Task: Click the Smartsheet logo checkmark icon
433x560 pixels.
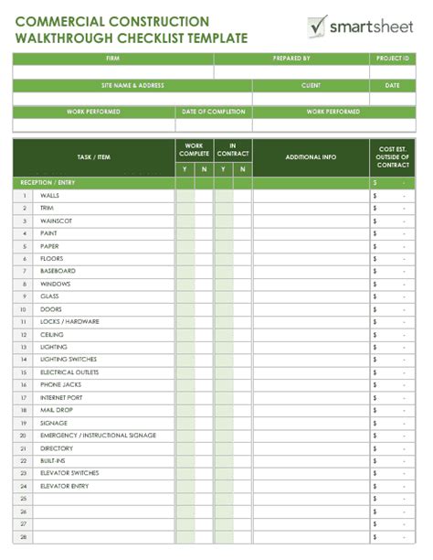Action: pyautogui.click(x=317, y=26)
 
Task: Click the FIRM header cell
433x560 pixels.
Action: pyautogui.click(x=112, y=58)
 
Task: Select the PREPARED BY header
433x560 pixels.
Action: pyautogui.click(x=291, y=58)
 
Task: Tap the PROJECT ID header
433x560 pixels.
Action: pyautogui.click(x=392, y=58)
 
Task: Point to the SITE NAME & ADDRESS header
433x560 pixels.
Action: pyautogui.click(x=132, y=85)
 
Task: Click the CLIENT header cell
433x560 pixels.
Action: pyautogui.click(x=311, y=85)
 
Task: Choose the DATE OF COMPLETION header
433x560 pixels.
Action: pyautogui.click(x=214, y=112)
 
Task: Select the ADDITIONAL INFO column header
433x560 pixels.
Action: pyautogui.click(x=311, y=157)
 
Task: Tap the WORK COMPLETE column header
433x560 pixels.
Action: pyautogui.click(x=194, y=148)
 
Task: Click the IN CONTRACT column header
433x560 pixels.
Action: pyautogui.click(x=233, y=148)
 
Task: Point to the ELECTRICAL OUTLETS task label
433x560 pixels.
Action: pyautogui.click(x=69, y=372)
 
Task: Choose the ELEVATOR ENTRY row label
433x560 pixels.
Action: pyautogui.click(x=64, y=486)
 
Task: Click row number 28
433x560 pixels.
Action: pyautogui.click(x=25, y=536)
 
